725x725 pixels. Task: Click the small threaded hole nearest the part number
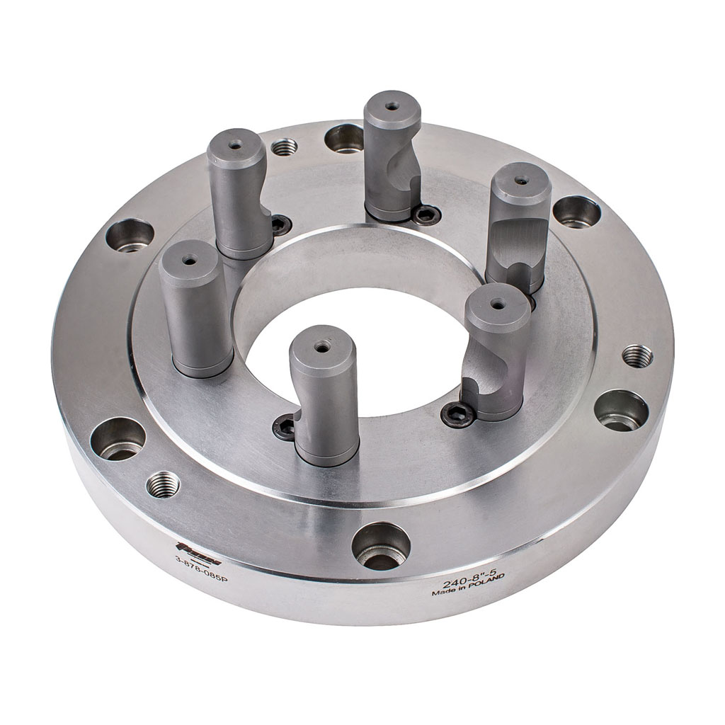[163, 484]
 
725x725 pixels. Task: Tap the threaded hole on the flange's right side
[637, 355]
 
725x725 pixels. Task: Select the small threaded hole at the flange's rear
[285, 147]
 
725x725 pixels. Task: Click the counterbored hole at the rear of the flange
[345, 138]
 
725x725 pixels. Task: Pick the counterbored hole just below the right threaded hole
[621, 410]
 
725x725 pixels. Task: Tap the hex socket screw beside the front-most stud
[285, 426]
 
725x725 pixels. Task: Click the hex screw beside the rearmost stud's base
[426, 213]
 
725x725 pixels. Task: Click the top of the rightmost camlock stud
[521, 180]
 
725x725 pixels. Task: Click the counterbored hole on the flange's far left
[130, 235]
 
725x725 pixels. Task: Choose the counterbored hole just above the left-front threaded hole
[118, 439]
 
